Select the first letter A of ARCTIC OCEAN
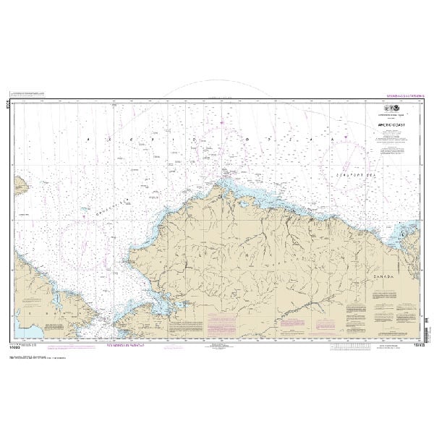pos(86,138)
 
